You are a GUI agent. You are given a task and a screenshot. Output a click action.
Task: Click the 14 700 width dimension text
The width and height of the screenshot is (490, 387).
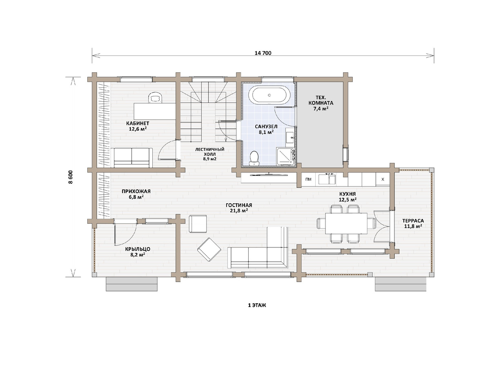263,53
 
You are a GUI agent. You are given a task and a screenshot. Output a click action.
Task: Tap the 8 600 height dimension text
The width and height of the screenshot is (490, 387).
71,177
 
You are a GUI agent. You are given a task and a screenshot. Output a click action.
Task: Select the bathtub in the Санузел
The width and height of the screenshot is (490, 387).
269,95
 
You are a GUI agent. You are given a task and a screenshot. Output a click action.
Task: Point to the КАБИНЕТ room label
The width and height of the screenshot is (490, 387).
138,123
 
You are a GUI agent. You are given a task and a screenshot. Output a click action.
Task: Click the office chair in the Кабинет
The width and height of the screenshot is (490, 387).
155,98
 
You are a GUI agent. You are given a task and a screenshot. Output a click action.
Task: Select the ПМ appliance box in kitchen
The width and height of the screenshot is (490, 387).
308,179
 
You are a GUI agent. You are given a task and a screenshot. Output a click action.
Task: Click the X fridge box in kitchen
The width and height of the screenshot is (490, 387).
383,179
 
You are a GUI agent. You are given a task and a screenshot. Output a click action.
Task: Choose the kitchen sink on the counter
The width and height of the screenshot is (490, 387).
327,179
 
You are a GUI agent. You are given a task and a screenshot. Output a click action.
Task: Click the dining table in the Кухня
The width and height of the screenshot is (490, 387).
346,223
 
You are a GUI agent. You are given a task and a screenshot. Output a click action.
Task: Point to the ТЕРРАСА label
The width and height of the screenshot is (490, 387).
413,220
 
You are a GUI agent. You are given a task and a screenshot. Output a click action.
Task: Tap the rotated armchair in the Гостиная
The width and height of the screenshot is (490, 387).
209,250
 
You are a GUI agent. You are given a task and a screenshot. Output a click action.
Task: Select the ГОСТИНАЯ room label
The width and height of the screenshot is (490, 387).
239,205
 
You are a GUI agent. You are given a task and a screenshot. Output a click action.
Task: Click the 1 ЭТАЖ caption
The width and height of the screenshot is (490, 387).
257,305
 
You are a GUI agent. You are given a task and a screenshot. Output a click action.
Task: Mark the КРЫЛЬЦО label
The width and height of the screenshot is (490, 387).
138,249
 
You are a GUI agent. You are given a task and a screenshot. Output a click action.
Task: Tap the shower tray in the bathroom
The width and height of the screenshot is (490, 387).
285,156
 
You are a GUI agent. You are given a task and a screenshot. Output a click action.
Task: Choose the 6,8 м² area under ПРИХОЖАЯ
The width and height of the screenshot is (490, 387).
136,197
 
